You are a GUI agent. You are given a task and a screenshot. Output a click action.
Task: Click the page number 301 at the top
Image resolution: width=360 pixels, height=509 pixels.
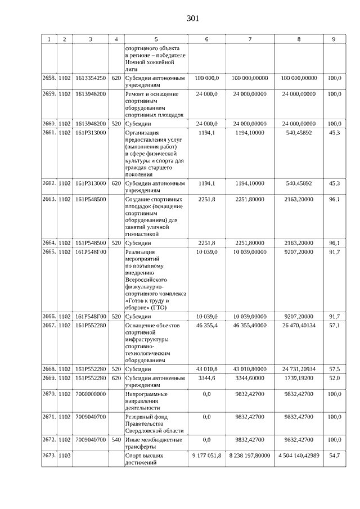point(192,19)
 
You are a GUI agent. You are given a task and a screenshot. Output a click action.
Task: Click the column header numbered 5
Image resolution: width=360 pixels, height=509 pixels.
point(156,39)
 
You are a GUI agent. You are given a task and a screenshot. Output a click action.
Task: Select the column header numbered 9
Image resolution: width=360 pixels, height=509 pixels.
point(334,39)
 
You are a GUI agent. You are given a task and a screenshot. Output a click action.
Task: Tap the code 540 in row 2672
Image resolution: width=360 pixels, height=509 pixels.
point(116,438)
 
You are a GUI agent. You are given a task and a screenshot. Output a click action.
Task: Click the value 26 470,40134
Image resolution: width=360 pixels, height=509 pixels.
point(298,326)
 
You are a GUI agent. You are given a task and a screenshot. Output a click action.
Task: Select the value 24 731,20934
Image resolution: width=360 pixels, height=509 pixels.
point(298,368)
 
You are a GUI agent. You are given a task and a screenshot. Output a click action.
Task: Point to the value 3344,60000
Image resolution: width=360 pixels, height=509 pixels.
point(250,378)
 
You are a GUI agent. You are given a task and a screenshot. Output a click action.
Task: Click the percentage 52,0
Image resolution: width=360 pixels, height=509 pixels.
point(334,378)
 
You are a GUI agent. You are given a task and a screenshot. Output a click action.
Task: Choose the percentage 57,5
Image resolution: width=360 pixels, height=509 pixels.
point(334,368)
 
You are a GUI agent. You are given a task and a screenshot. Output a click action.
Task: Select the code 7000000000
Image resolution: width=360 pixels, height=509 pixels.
point(91,394)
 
